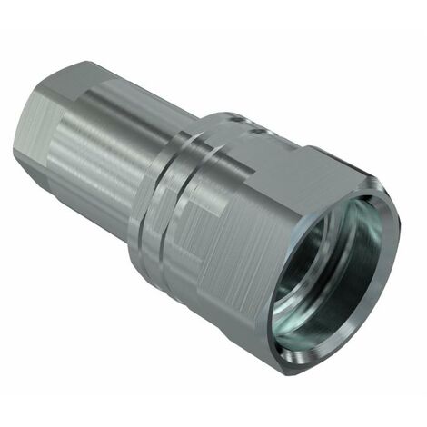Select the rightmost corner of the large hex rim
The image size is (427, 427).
[399, 218]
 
